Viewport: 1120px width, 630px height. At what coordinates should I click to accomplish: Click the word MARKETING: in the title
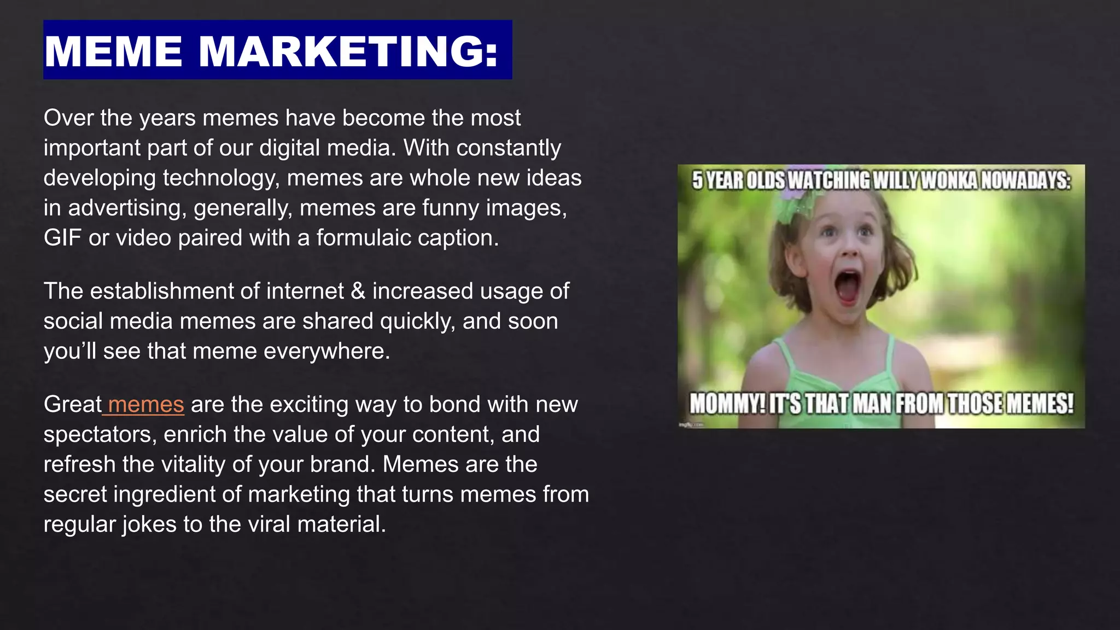coord(348,51)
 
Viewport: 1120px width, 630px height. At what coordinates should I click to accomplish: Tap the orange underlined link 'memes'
coord(145,405)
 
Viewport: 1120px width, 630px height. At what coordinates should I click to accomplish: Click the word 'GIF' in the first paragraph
coord(62,238)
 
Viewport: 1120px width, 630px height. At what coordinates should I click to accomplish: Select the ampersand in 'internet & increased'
coord(358,291)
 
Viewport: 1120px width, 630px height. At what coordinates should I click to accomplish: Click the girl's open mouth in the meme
coord(848,287)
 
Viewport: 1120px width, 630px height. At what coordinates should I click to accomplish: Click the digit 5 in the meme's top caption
coord(697,180)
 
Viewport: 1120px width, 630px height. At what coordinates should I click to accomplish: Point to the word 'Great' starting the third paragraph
coord(72,405)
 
